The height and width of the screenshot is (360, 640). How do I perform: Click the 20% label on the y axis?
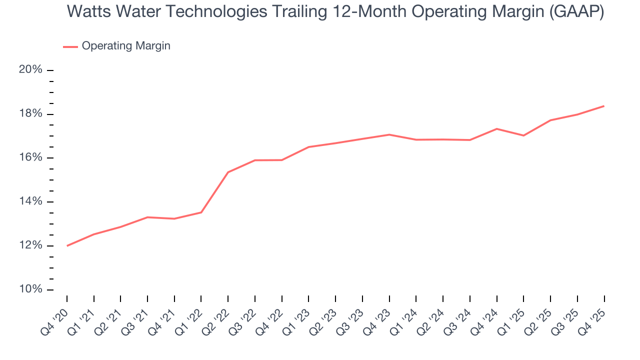[30, 70]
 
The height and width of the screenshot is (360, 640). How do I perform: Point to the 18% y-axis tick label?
[30, 114]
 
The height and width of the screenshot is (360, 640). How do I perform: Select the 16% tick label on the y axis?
[30, 158]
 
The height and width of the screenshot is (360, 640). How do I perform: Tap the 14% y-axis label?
[30, 202]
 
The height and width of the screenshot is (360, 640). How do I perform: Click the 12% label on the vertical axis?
[30, 246]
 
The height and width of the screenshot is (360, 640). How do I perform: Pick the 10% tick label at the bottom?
[30, 290]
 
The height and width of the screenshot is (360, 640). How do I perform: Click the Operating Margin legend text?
[126, 46]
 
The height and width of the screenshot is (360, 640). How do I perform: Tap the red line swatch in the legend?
[70, 46]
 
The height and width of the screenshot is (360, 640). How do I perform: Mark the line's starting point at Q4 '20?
[67, 245]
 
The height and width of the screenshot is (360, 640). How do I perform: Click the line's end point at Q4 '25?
[604, 106]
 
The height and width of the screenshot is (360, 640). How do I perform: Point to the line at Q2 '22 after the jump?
[228, 172]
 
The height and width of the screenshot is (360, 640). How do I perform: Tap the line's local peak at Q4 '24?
[497, 129]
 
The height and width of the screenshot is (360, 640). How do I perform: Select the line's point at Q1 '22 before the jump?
[201, 212]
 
